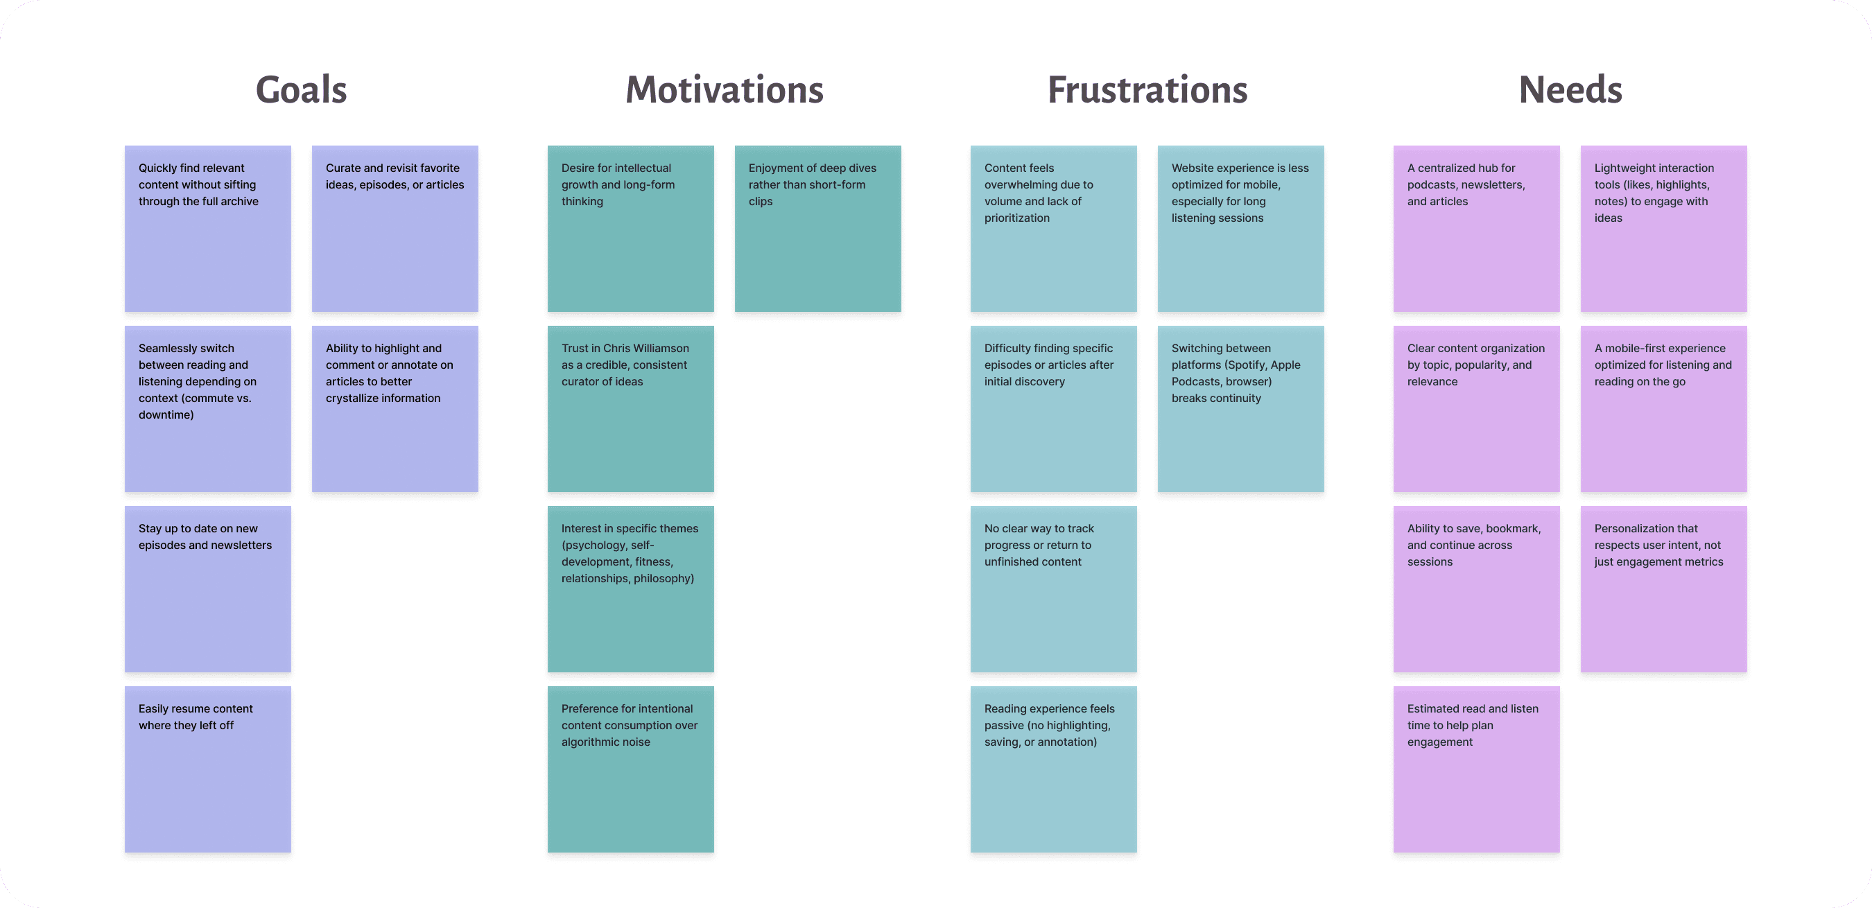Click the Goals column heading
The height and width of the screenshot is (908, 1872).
click(x=301, y=90)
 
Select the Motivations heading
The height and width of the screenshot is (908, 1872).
click(x=724, y=90)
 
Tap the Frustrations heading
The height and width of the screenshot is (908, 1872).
click(x=1147, y=90)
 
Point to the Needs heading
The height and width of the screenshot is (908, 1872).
click(x=1570, y=90)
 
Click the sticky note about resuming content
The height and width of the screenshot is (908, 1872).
click(x=208, y=769)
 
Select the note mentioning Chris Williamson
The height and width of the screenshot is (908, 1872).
click(x=630, y=408)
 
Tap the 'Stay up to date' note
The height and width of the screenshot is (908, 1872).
click(x=208, y=588)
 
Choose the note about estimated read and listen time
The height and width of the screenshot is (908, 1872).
click(x=1476, y=769)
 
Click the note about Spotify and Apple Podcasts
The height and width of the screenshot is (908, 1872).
click(x=1240, y=408)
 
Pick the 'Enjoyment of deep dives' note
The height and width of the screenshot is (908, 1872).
click(x=817, y=228)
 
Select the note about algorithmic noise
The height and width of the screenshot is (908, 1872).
click(x=630, y=769)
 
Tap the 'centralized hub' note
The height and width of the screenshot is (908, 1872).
click(x=1476, y=228)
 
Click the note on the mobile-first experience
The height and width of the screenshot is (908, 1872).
click(x=1663, y=408)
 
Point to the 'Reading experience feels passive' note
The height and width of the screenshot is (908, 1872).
click(x=1053, y=769)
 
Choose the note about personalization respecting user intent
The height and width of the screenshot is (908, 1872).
click(x=1663, y=588)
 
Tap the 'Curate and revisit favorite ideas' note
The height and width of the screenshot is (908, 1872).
click(x=395, y=228)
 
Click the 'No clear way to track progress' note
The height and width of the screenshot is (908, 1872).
click(x=1053, y=588)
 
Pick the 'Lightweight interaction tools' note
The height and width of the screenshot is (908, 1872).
click(x=1663, y=228)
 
